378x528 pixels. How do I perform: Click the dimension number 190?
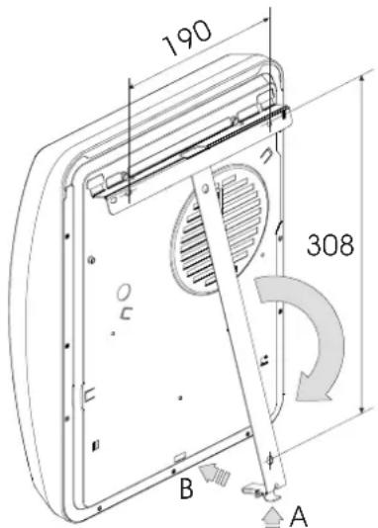point(187,38)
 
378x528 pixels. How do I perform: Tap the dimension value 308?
point(331,245)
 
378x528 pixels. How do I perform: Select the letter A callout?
point(299,516)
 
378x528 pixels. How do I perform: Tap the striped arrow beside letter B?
point(215,474)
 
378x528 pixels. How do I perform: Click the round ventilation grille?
point(221,229)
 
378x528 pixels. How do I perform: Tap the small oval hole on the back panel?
point(124,292)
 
